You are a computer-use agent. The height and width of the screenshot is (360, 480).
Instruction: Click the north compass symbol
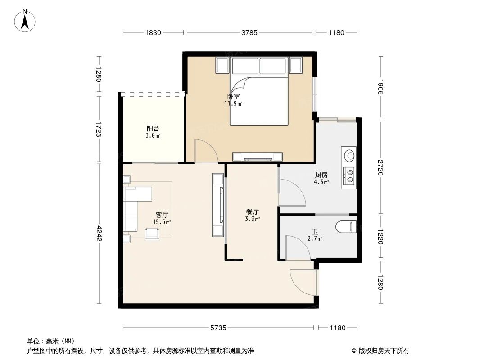pos(26,20)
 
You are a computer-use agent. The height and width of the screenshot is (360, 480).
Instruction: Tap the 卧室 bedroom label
pos(233,96)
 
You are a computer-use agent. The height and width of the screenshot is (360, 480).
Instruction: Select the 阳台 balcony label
pos(153,128)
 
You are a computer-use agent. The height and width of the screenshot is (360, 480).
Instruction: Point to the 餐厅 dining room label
pos(252,211)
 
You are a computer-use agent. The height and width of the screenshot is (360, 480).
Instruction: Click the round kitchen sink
pos(349,156)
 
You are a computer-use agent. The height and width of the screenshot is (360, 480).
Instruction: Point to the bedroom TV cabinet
pos(257,157)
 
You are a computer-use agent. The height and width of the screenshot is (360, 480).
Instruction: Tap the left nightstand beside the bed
pos(222,66)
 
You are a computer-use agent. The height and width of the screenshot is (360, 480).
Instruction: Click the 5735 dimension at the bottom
pos(218,328)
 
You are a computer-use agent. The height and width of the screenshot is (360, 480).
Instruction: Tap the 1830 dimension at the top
pos(153,32)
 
